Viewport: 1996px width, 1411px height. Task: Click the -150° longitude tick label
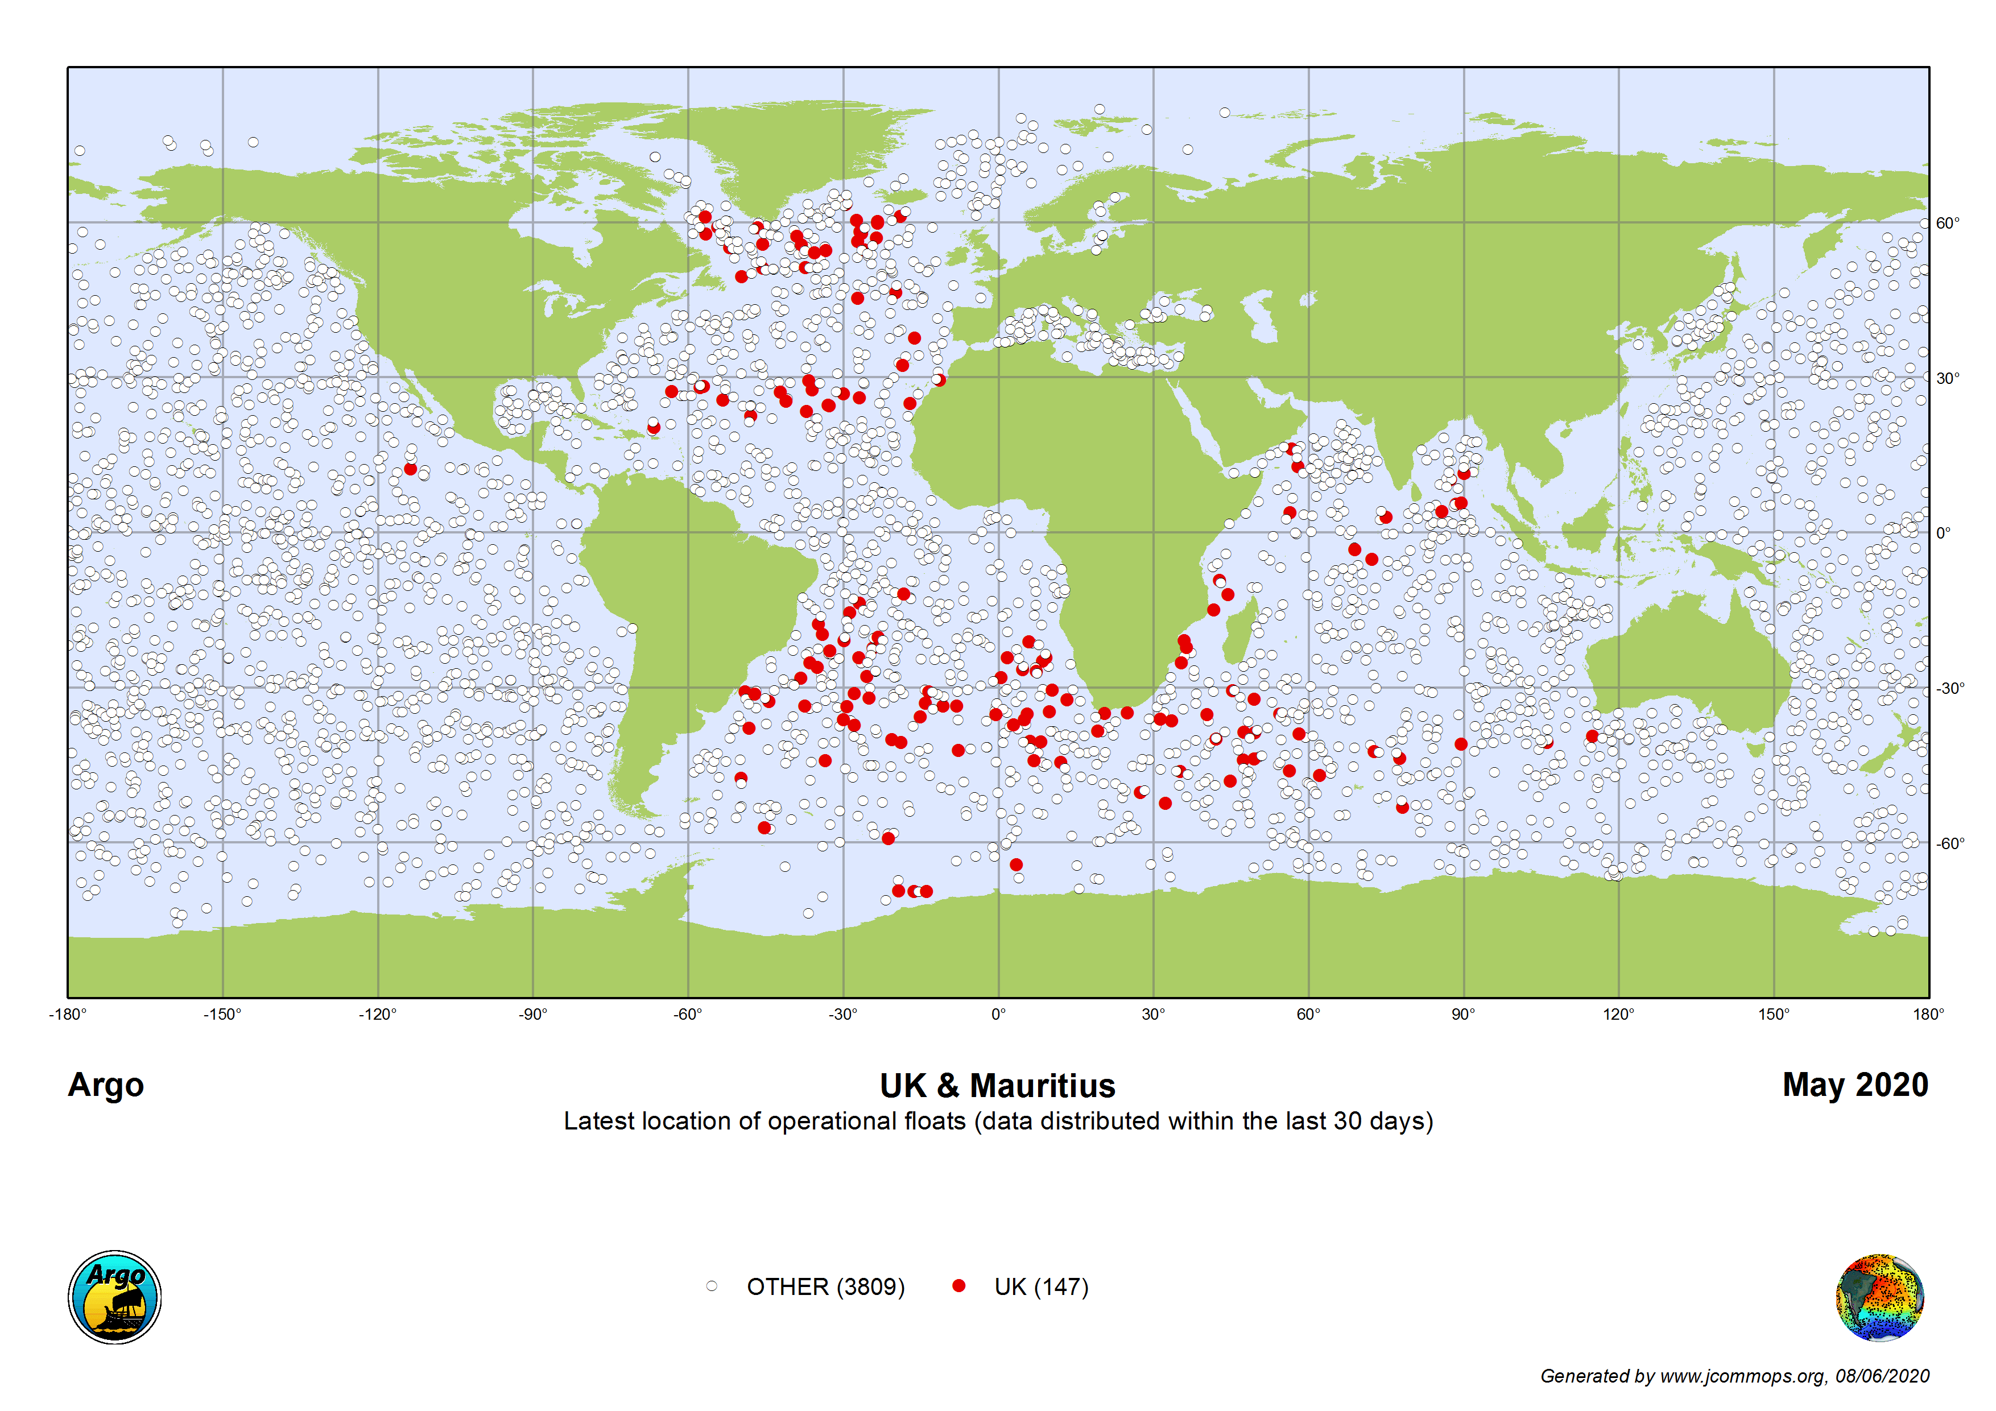(x=222, y=1015)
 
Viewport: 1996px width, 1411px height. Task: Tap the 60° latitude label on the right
(x=1947, y=224)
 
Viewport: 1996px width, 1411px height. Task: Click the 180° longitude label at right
(x=1928, y=1015)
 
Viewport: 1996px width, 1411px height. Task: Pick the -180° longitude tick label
(x=68, y=1015)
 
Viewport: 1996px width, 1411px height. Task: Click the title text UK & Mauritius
(x=997, y=1086)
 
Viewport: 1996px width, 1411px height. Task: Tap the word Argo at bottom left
(x=106, y=1085)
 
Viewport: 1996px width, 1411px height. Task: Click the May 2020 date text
(x=1855, y=1085)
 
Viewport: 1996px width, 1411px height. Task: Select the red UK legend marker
(x=959, y=1286)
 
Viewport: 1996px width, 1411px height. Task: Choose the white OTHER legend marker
(x=712, y=1286)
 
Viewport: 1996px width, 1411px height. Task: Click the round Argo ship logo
(x=115, y=1297)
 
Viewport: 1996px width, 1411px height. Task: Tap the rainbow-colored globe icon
(x=1879, y=1297)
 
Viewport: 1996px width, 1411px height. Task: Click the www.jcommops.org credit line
(x=1734, y=1376)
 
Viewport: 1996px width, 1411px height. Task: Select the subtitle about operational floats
(x=998, y=1122)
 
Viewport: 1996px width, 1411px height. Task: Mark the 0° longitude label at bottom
(x=998, y=1015)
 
